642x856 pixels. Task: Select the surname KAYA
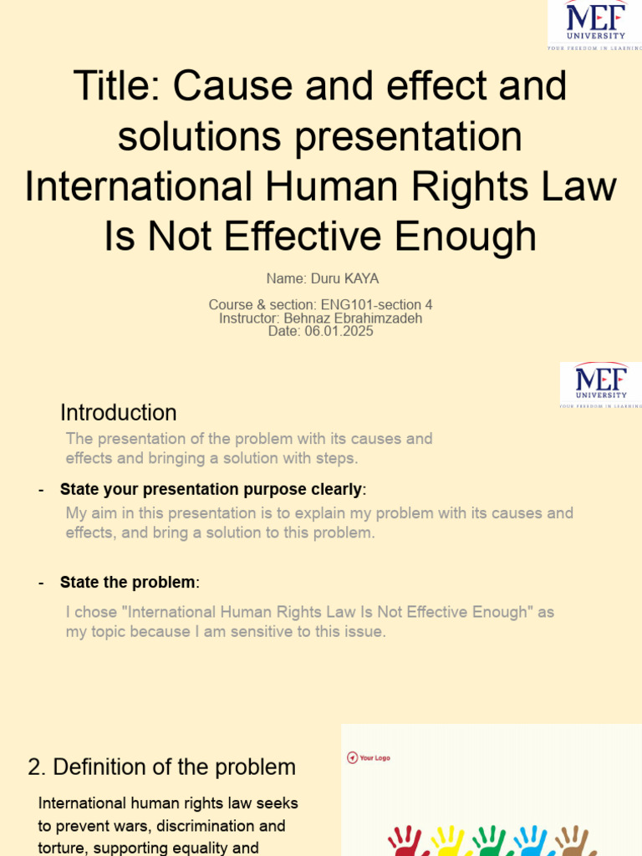coord(362,278)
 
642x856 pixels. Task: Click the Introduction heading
coord(118,413)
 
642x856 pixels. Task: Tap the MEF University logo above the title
coord(594,23)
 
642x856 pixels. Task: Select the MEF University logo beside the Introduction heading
coord(600,385)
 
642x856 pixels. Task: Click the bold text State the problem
coord(127,582)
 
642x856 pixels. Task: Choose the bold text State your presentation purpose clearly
coord(211,489)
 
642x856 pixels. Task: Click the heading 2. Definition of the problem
coord(161,767)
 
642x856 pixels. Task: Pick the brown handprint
coord(576,841)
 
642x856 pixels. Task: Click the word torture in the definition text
coord(64,848)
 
